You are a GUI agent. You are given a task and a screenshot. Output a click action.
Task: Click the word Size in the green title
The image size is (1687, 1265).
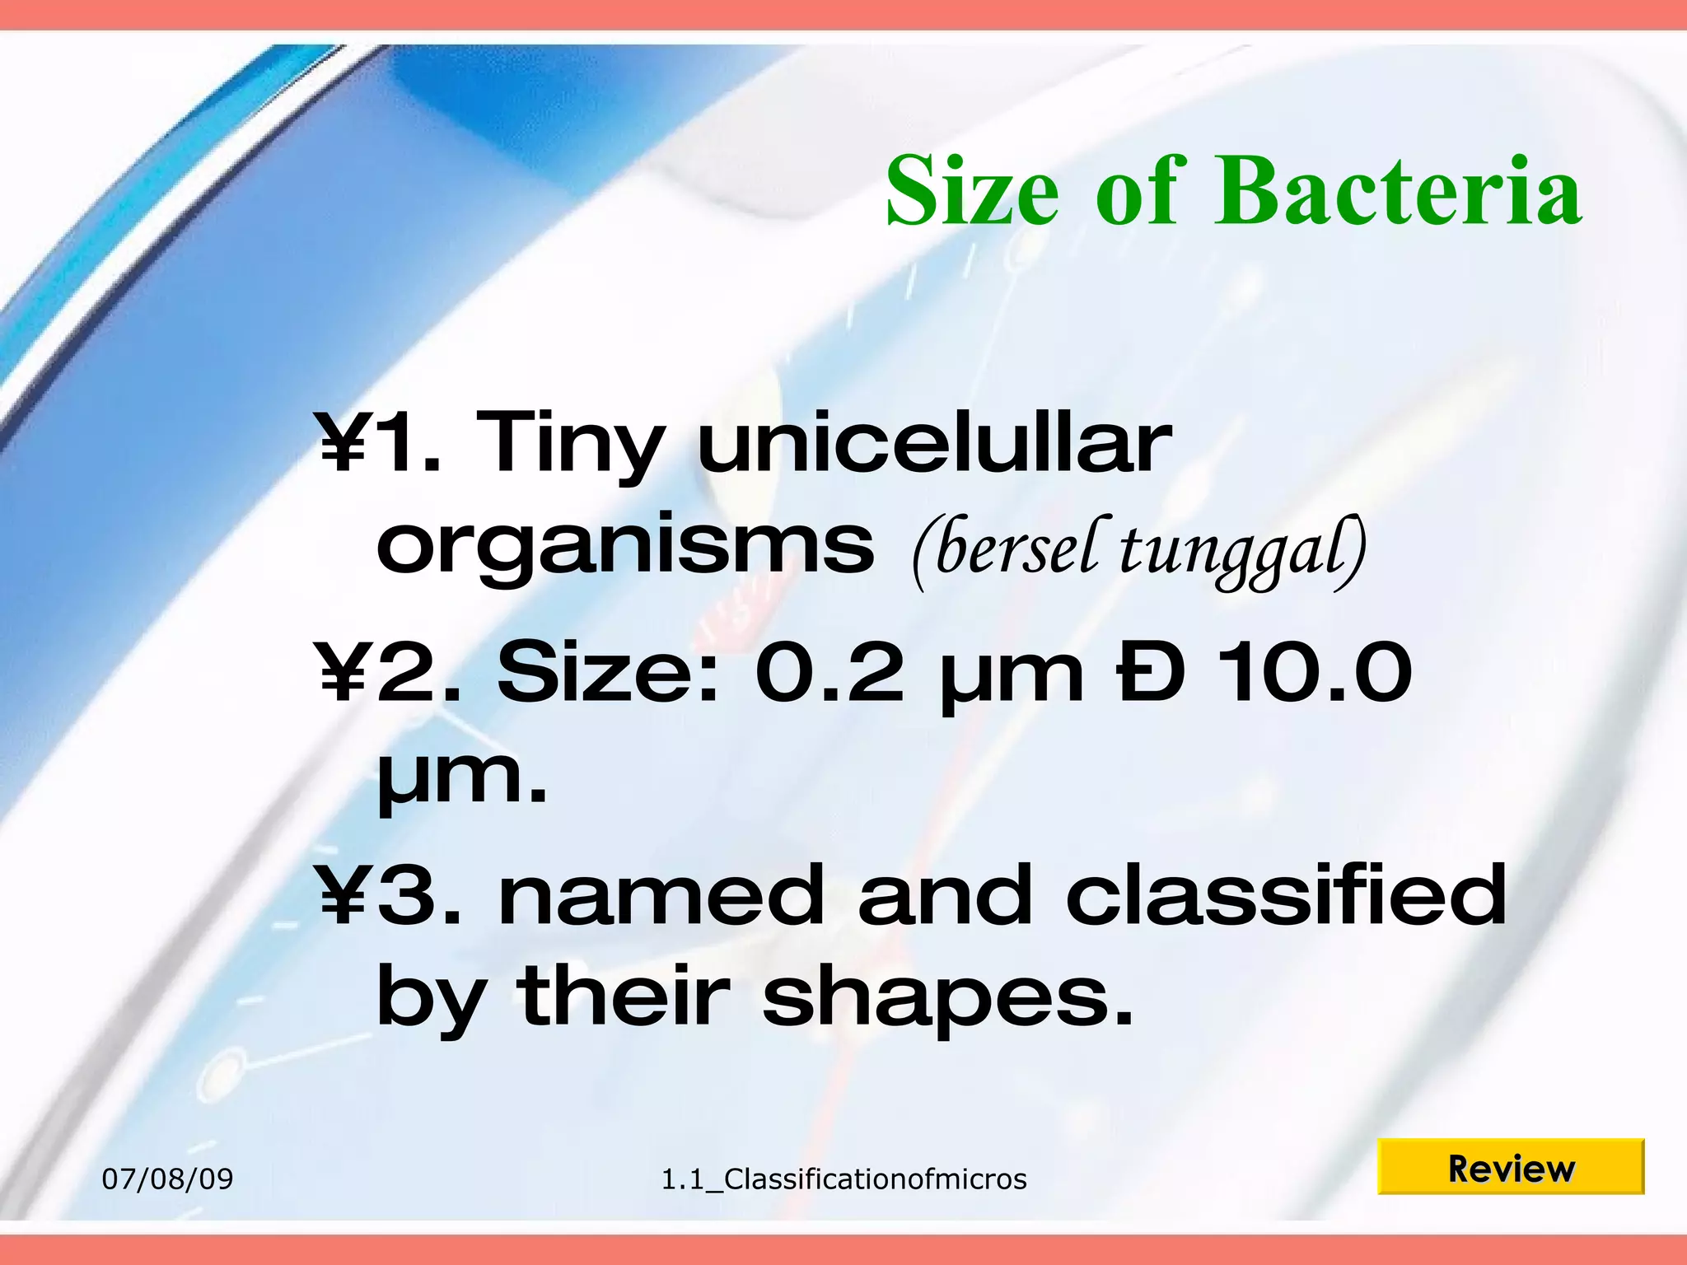point(972,191)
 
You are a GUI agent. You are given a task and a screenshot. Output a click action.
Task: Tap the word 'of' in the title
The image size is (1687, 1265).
point(1142,191)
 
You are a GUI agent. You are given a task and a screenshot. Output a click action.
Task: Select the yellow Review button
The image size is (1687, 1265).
point(1510,1167)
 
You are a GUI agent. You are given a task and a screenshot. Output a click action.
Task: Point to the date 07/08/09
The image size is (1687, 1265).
point(167,1179)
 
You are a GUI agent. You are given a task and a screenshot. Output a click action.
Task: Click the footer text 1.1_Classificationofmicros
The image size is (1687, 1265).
point(843,1179)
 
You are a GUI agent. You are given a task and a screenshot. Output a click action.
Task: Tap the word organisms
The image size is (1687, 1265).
point(624,548)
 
